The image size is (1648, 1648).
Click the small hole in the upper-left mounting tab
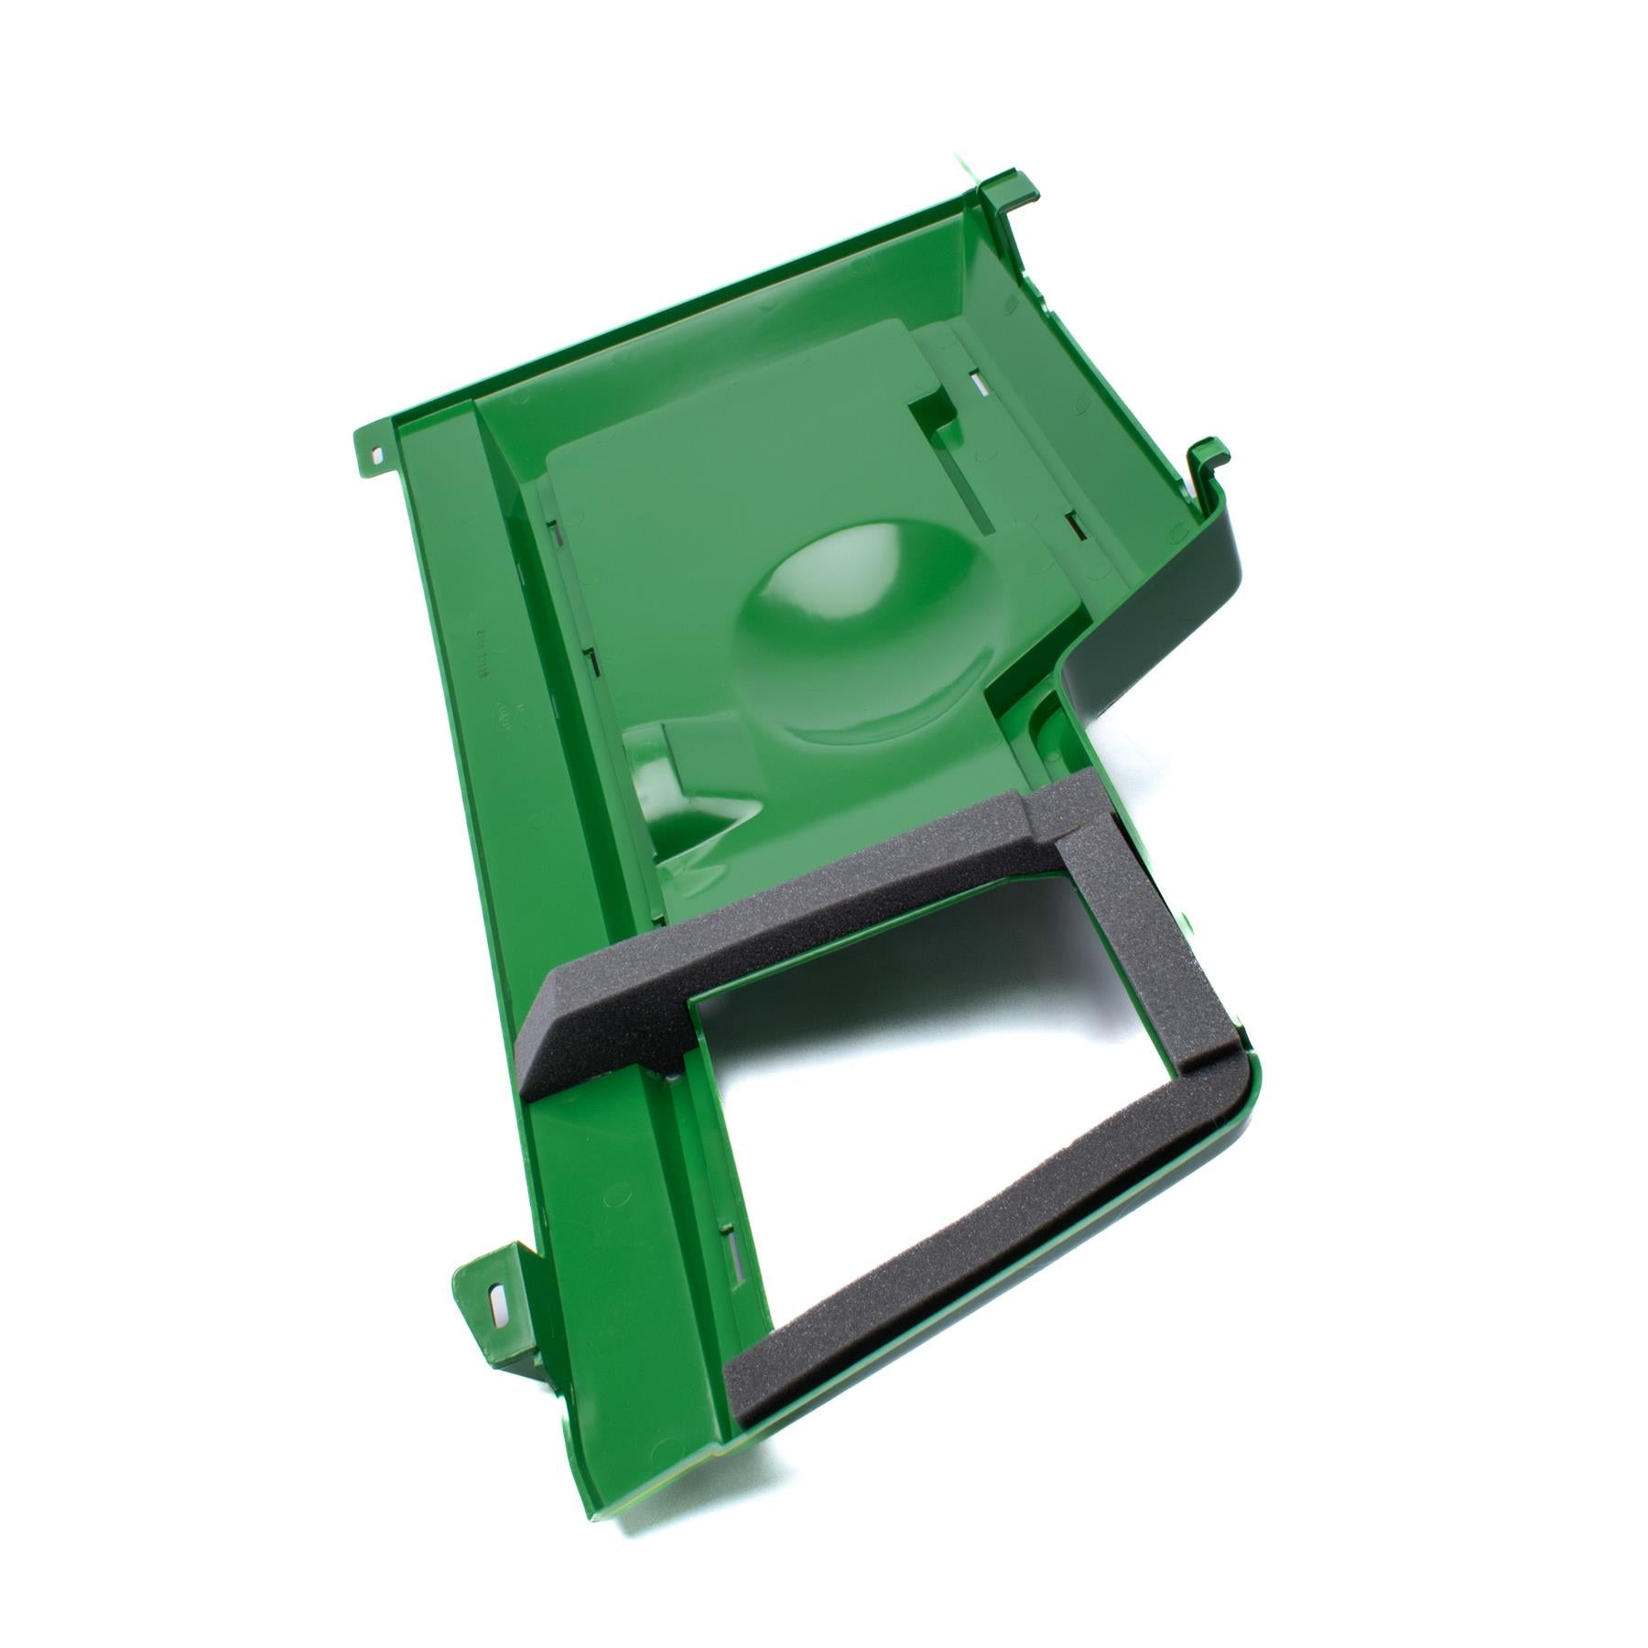(378, 452)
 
